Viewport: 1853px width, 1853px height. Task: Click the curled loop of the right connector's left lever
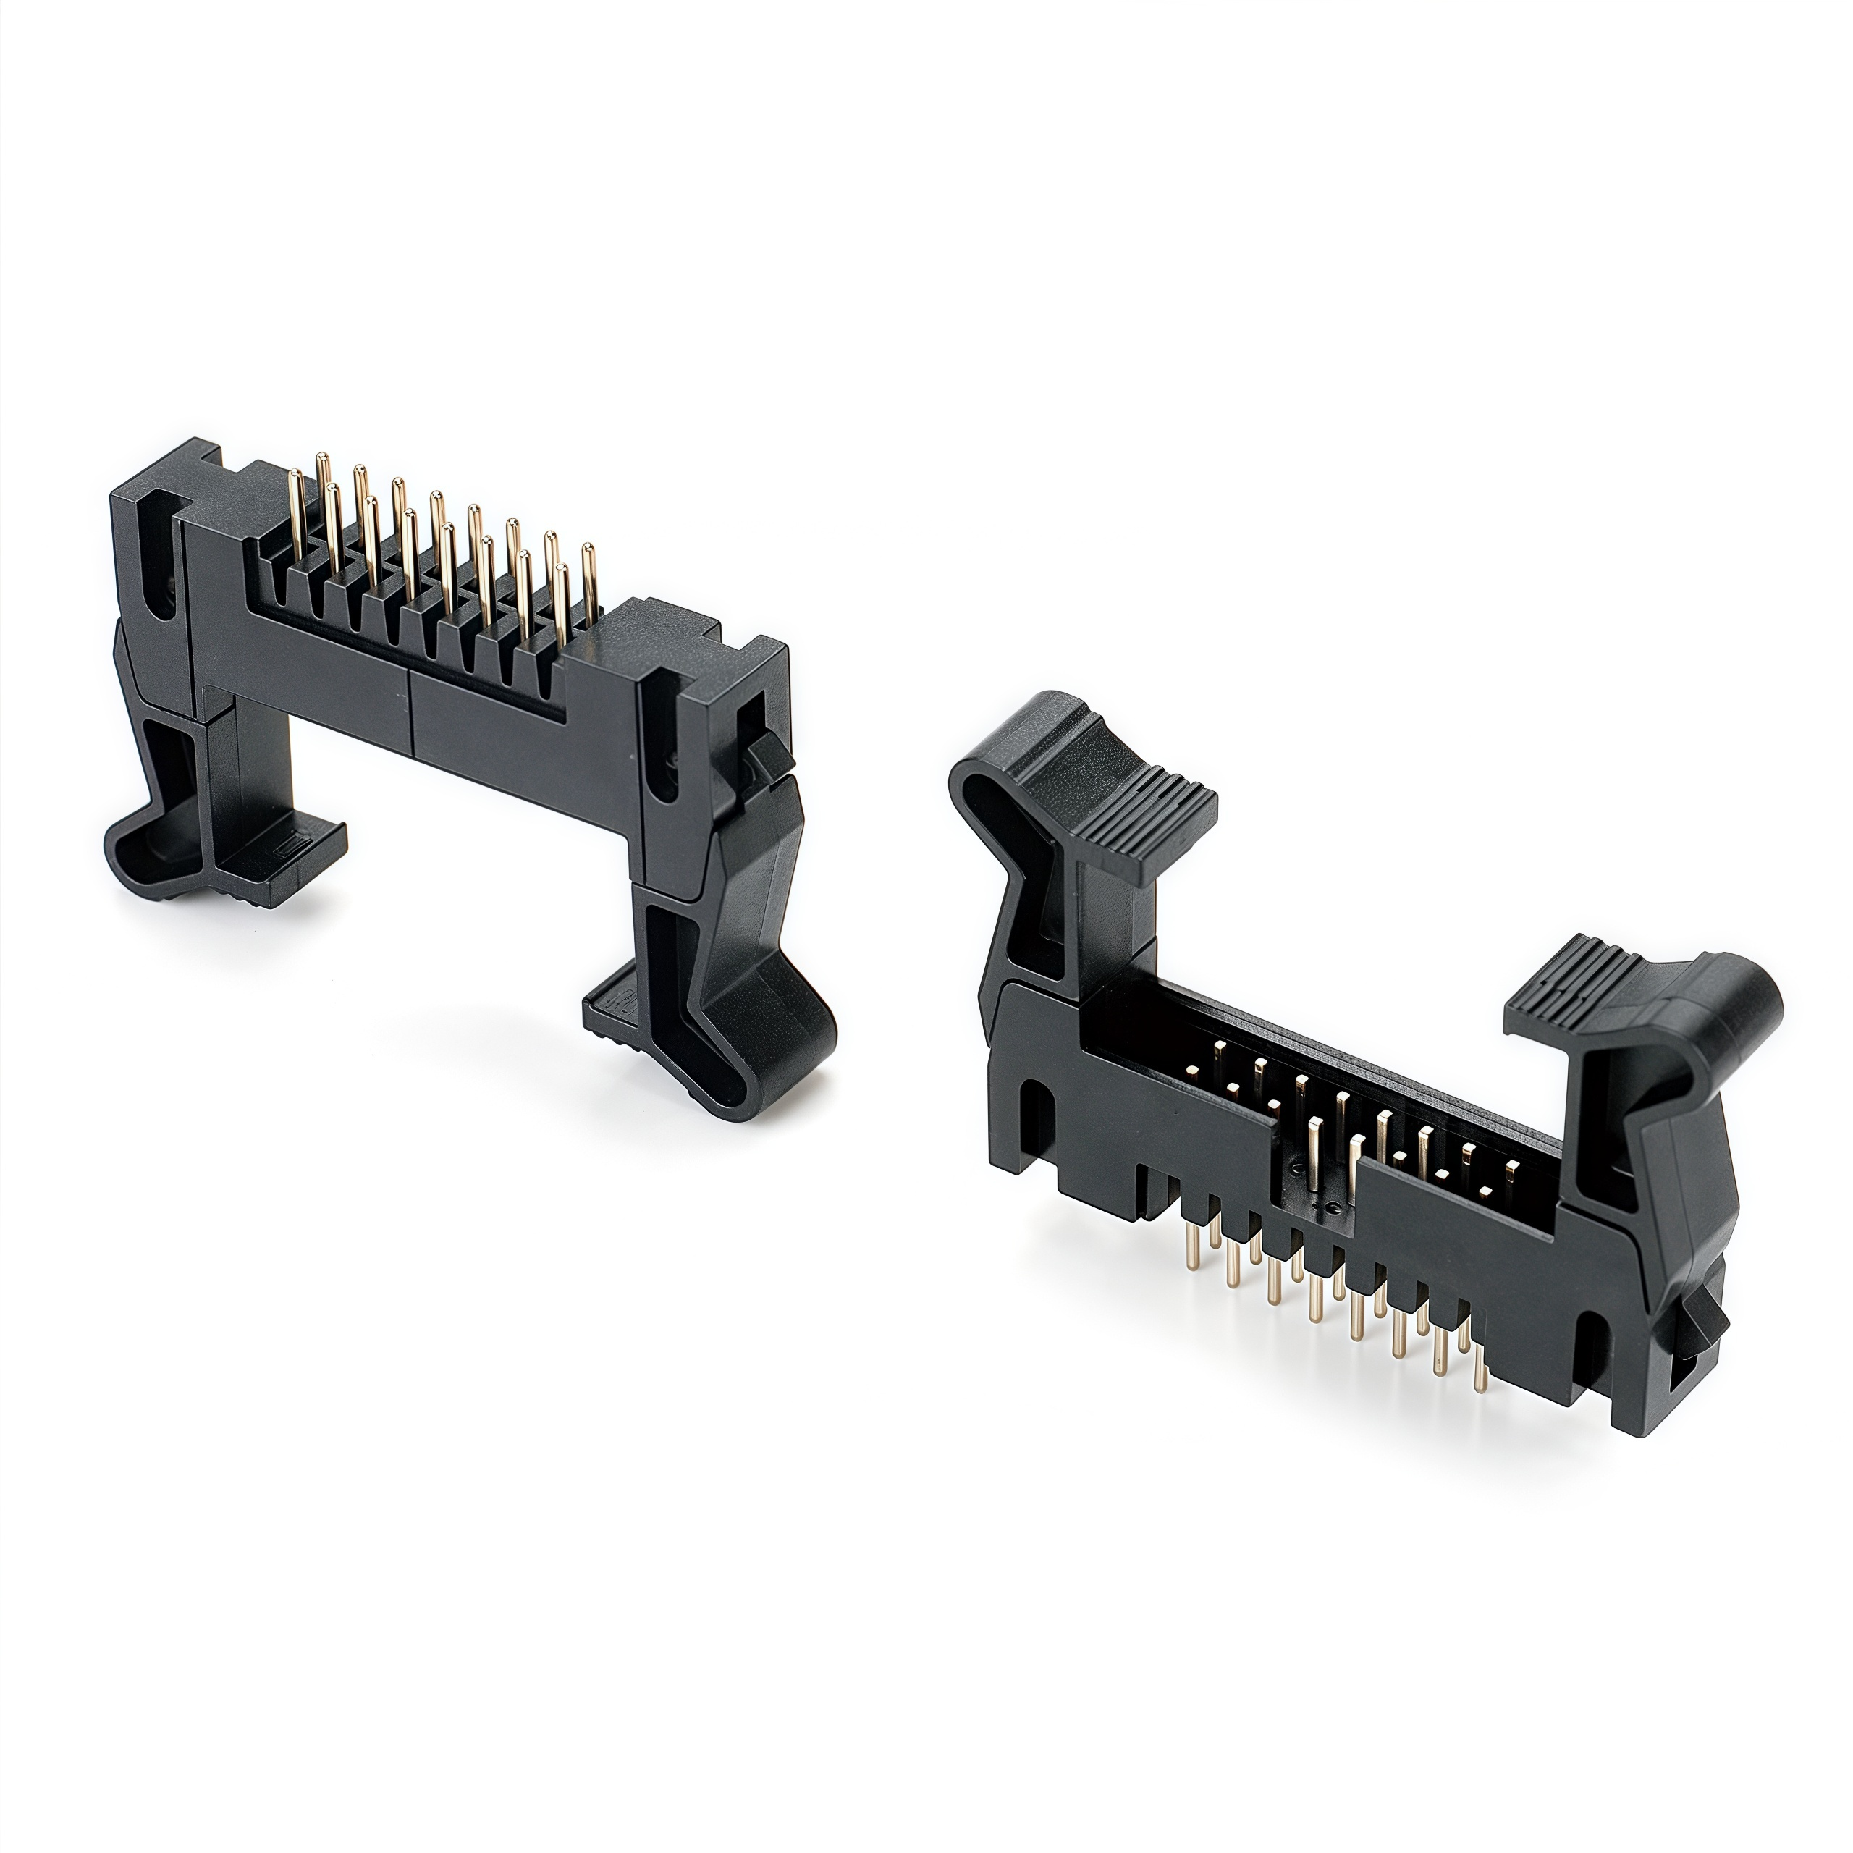(x=979, y=796)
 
